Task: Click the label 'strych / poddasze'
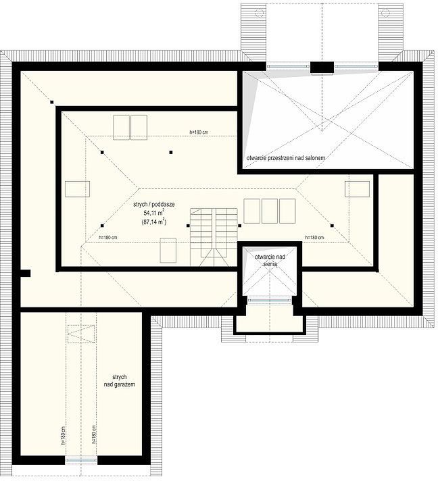click(154, 205)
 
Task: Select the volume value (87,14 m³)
click(154, 222)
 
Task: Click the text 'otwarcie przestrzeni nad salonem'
click(286, 158)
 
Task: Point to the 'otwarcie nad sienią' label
click(270, 260)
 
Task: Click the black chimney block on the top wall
click(322, 68)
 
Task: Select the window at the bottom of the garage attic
click(81, 461)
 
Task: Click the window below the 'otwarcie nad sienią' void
click(270, 300)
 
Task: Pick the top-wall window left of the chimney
click(287, 66)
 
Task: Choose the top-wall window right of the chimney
click(356, 66)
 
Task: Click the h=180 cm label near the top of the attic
click(199, 132)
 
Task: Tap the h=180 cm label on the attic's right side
click(314, 237)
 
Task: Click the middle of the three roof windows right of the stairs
click(270, 211)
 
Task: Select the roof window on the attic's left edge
click(77, 189)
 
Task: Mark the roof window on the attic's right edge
click(358, 189)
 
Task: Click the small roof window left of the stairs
click(168, 251)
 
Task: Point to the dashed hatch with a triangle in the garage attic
click(80, 334)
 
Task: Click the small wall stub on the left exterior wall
click(24, 274)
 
